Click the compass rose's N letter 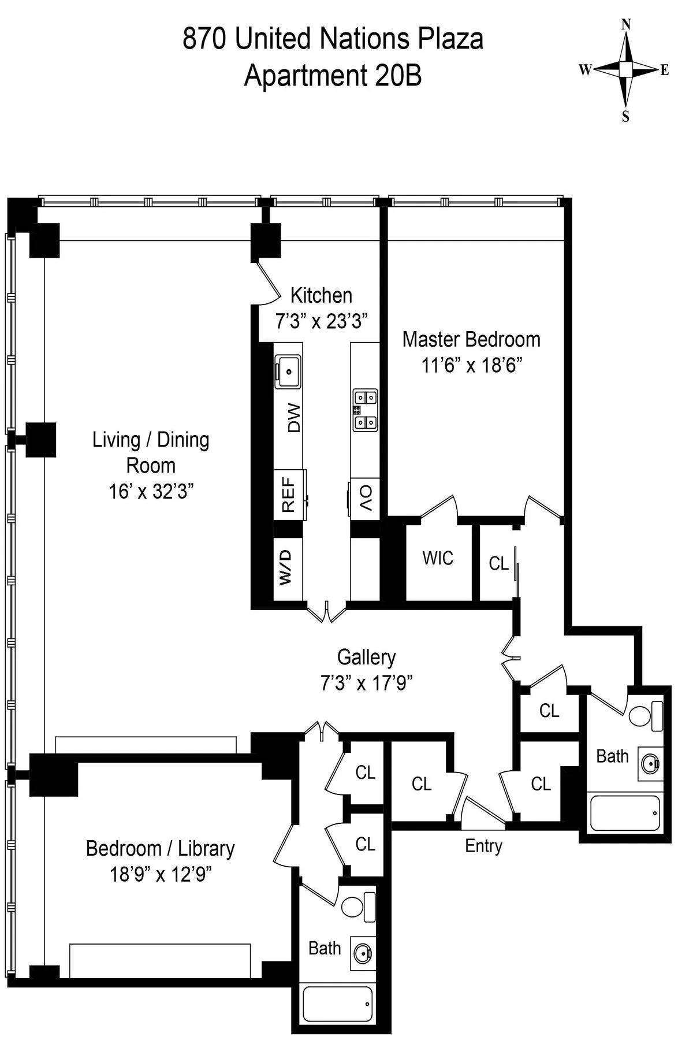[625, 24]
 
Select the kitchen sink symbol [288, 370]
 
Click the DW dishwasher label [294, 418]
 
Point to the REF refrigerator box [288, 495]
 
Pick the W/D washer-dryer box [287, 568]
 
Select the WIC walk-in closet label [438, 558]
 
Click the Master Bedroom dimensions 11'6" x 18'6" [471, 365]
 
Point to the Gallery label [366, 657]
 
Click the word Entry [483, 846]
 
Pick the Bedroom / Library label [160, 848]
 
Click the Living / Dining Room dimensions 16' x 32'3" [151, 492]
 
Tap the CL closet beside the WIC [498, 563]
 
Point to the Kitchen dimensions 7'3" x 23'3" [321, 321]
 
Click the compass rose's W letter [584, 70]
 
